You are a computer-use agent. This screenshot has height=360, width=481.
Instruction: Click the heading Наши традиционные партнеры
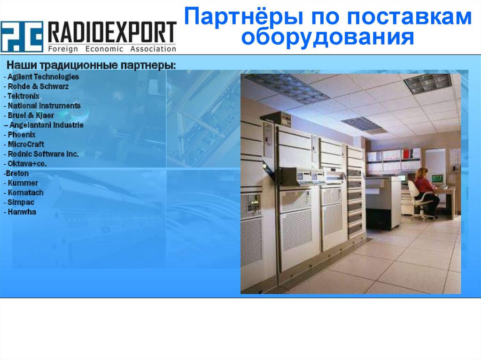pos(91,65)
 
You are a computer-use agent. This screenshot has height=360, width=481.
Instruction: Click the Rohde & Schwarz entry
pos(37,86)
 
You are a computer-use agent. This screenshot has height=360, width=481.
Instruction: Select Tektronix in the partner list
pos(24,96)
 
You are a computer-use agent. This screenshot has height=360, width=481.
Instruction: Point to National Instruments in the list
pos(43,106)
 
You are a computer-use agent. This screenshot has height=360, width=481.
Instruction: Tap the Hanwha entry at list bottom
pos(21,212)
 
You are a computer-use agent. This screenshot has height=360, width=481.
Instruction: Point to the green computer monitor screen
pos(437,178)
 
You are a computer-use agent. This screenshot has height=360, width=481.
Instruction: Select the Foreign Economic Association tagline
pos(112,49)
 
